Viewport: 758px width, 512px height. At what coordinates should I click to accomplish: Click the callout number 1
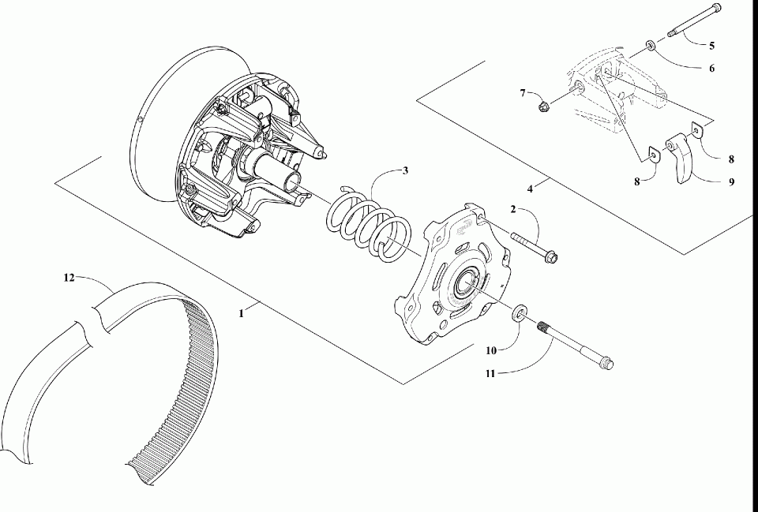pyautogui.click(x=242, y=312)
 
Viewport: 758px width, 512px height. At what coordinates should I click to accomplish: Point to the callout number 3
pyautogui.click(x=405, y=170)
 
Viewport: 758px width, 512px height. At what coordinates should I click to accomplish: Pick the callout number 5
pyautogui.click(x=711, y=45)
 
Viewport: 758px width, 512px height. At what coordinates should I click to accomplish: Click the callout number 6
pyautogui.click(x=711, y=69)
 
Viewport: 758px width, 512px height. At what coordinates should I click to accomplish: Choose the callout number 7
pyautogui.click(x=523, y=93)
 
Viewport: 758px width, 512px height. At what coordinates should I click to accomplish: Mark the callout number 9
pyautogui.click(x=731, y=181)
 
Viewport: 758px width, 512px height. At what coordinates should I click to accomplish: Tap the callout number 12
pyautogui.click(x=69, y=278)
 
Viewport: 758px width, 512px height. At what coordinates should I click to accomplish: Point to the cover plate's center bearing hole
pyautogui.click(x=463, y=282)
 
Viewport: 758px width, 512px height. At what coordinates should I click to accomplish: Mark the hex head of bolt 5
pyautogui.click(x=715, y=9)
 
